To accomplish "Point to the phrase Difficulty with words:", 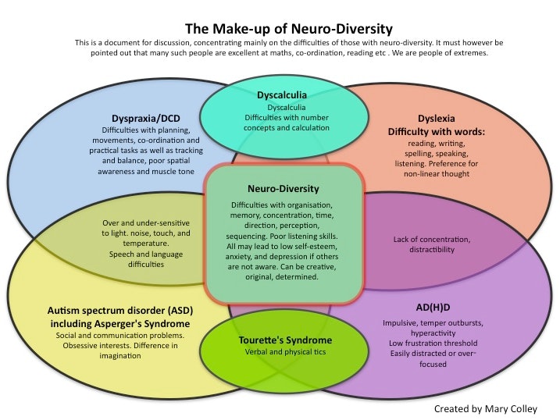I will (x=437, y=132).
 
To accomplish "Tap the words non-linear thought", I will (x=437, y=176).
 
